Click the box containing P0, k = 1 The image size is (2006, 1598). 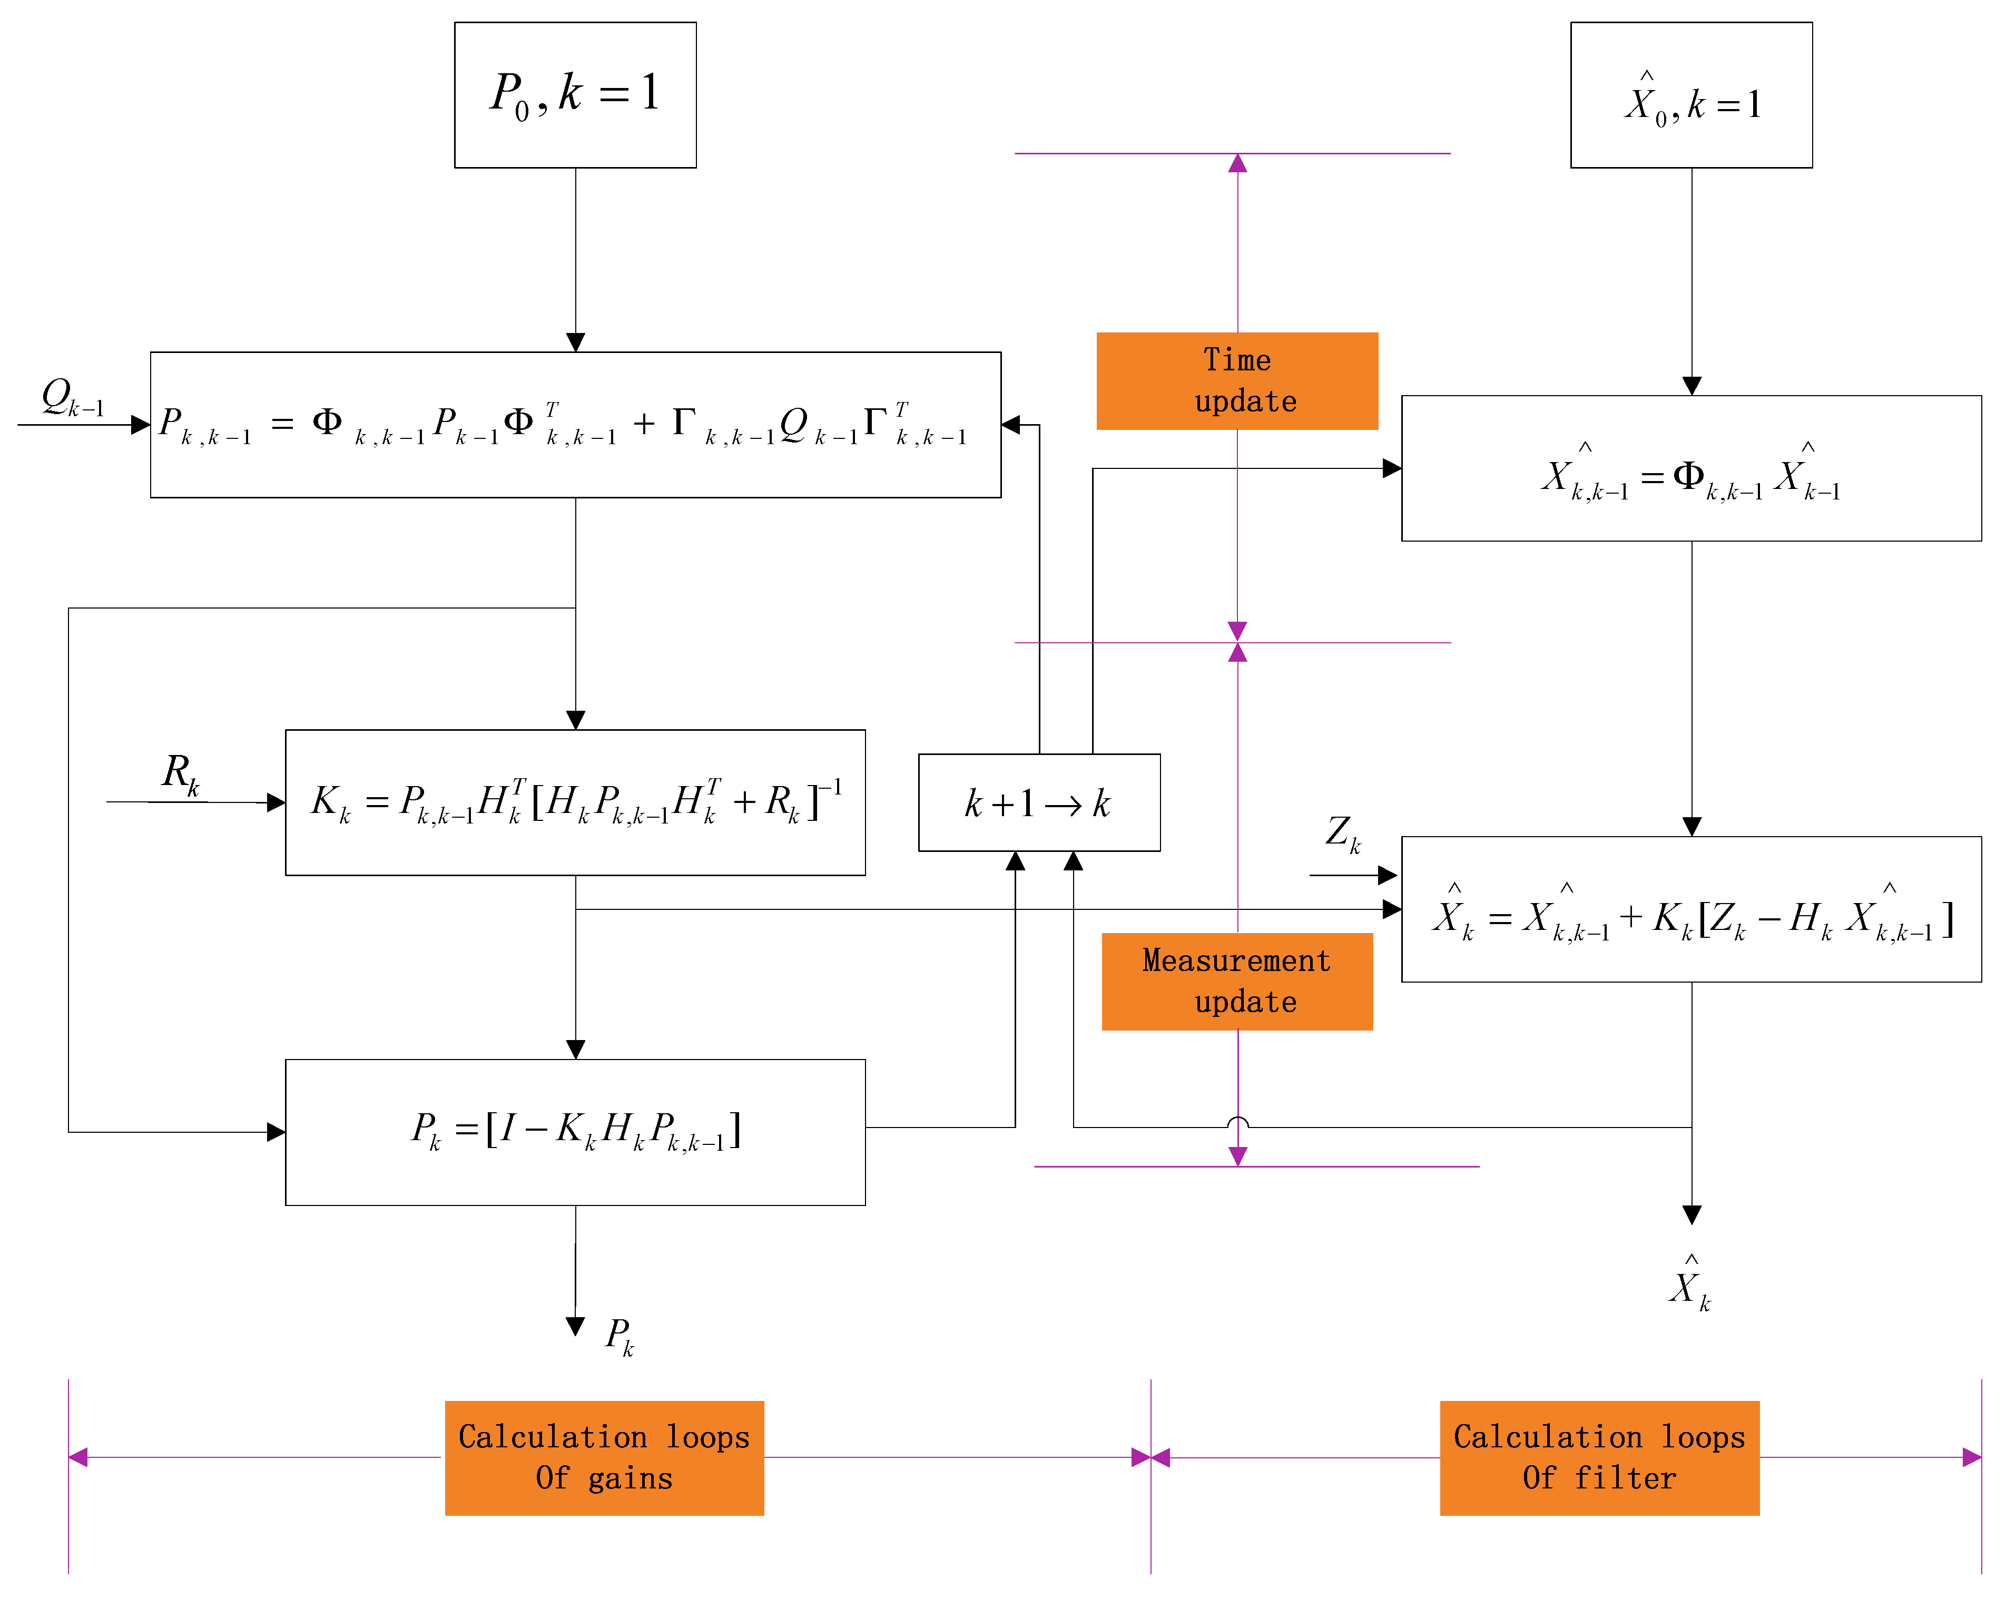(575, 95)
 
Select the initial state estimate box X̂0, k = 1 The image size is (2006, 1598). (1690, 95)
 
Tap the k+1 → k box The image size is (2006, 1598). (1038, 802)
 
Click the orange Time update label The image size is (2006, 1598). (1236, 380)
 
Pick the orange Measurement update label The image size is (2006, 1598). (1236, 981)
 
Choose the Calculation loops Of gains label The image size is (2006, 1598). (604, 1457)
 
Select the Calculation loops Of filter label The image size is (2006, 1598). (1598, 1457)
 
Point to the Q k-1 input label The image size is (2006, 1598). (73, 397)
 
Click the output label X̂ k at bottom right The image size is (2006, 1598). (1689, 1285)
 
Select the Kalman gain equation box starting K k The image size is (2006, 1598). (575, 802)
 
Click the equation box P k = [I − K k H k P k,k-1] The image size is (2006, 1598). (575, 1132)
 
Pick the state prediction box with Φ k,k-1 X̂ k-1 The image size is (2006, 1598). (1690, 468)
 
